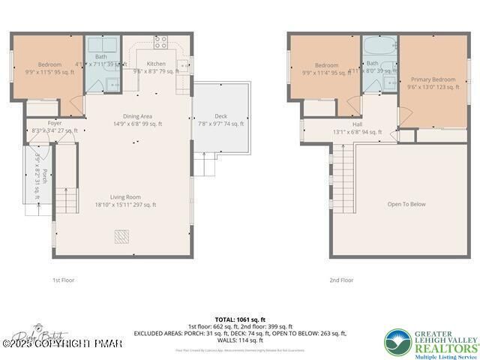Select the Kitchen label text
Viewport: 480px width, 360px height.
pyautogui.click(x=156, y=64)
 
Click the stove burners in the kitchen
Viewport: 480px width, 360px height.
pyautogui.click(x=160, y=40)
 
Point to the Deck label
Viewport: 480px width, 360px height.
pyautogui.click(x=220, y=116)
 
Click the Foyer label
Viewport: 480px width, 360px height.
pyautogui.click(x=34, y=123)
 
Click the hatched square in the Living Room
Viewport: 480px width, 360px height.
pyautogui.click(x=121, y=237)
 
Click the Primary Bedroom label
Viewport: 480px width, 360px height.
pyautogui.click(x=433, y=79)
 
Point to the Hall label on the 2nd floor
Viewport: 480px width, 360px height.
pyautogui.click(x=357, y=124)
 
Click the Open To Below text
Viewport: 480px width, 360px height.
pyautogui.click(x=406, y=203)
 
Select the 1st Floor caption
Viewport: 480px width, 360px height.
pyautogui.click(x=63, y=280)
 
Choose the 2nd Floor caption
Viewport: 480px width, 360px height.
pyautogui.click(x=340, y=280)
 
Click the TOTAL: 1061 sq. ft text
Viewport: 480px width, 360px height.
pyautogui.click(x=239, y=318)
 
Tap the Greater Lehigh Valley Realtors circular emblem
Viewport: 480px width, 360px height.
pyautogui.click(x=398, y=341)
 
